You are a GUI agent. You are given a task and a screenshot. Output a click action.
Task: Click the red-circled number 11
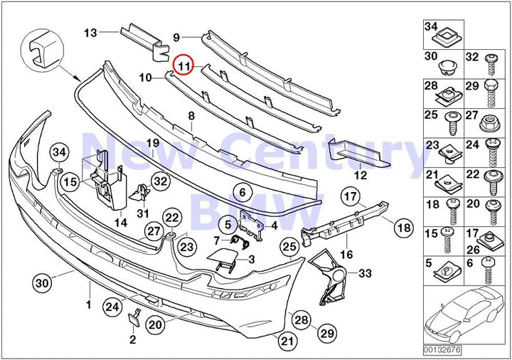click(185, 66)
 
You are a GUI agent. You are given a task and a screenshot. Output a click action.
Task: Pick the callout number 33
click(364, 273)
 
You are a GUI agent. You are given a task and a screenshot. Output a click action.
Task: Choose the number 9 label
click(177, 35)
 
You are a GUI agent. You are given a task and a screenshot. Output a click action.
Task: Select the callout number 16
click(346, 253)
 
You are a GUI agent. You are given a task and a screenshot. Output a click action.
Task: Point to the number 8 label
click(191, 115)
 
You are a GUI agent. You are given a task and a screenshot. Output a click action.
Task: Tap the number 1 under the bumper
click(89, 305)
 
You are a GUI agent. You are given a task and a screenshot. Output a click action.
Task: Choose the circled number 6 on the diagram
click(242, 192)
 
